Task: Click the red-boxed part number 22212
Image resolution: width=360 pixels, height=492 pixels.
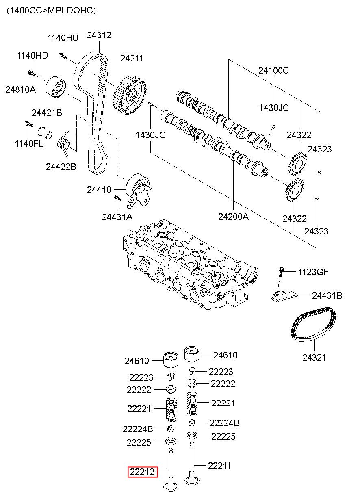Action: (x=143, y=472)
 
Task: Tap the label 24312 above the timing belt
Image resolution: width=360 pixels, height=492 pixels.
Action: (x=99, y=35)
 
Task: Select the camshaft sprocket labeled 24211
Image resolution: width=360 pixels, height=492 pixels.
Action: (x=130, y=95)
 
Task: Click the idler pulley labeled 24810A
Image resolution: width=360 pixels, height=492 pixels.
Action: (x=56, y=87)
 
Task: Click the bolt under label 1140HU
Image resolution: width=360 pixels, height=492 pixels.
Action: (x=63, y=56)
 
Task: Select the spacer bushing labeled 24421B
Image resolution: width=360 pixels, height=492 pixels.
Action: (x=45, y=133)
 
